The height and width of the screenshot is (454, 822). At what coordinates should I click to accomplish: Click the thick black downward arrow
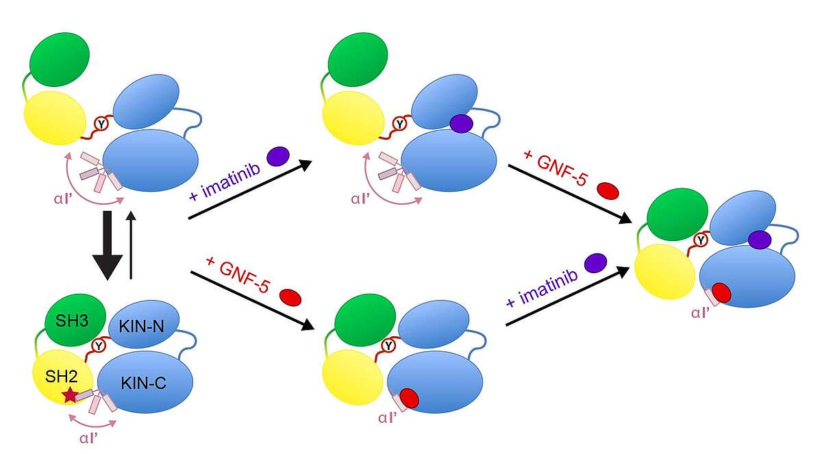coord(108,246)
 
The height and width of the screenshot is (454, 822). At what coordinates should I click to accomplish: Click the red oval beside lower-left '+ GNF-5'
coord(290,298)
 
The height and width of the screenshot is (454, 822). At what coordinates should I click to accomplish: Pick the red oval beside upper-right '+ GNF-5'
coord(608,190)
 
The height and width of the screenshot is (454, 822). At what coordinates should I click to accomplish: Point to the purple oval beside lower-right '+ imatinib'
coord(595,262)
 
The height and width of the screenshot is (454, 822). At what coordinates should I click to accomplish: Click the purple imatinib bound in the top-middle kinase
coord(461,123)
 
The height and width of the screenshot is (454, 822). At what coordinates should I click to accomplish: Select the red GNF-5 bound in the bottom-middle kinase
coord(410,398)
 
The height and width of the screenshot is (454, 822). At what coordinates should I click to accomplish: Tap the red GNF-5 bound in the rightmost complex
coord(721,292)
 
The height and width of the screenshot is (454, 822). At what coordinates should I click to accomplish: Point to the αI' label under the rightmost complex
coord(699,314)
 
